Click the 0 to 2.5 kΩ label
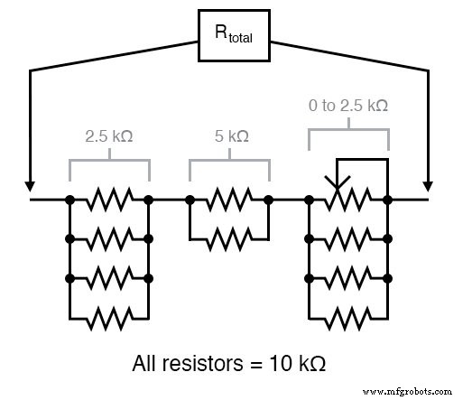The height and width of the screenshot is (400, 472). (348, 107)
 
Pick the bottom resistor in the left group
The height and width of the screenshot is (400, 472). (108, 319)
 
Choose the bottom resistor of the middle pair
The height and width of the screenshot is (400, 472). (228, 239)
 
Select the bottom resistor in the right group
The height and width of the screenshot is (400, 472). (348, 319)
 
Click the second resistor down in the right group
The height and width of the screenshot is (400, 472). (348, 239)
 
